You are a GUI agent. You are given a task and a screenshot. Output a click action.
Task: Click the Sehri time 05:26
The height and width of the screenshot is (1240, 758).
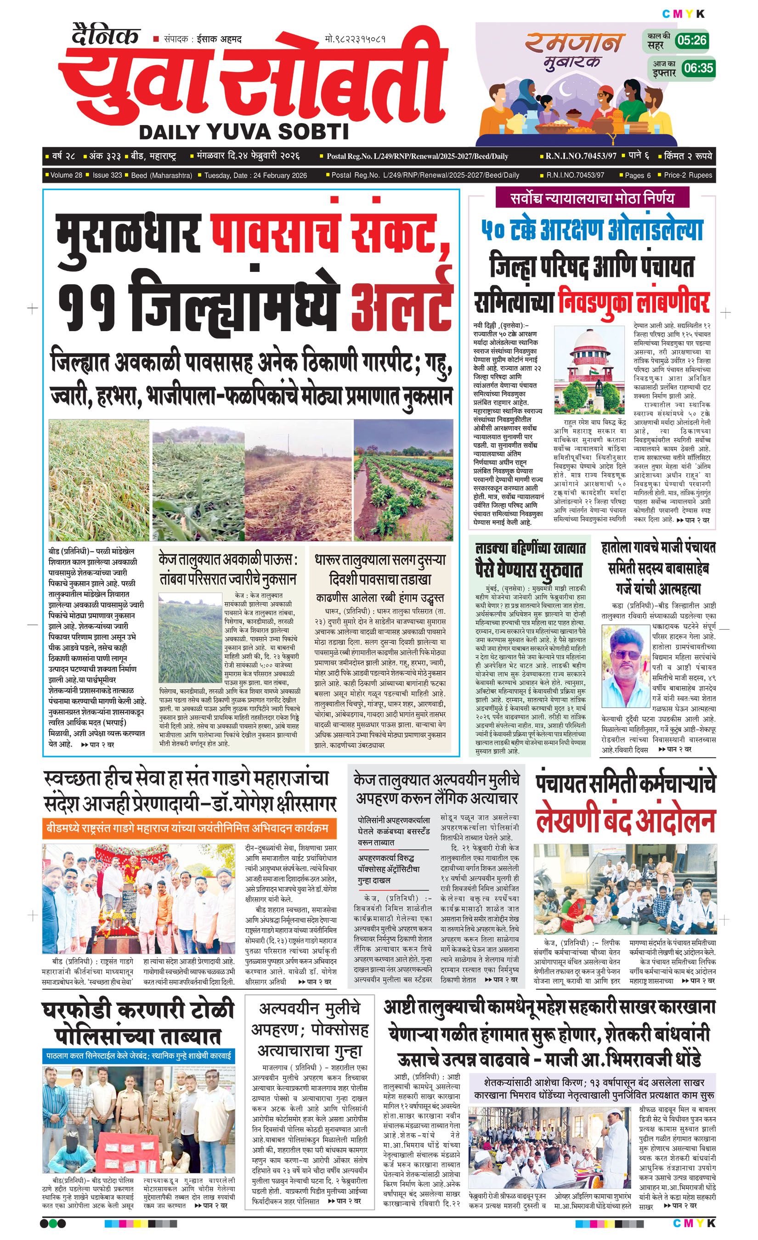coord(692,40)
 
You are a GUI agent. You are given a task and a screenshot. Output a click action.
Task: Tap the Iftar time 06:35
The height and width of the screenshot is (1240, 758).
coord(699,68)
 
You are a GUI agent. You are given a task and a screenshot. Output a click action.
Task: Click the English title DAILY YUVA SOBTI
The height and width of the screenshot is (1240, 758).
coord(243,132)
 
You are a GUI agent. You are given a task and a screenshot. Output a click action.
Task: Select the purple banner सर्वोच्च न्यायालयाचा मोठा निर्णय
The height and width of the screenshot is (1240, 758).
coord(591,198)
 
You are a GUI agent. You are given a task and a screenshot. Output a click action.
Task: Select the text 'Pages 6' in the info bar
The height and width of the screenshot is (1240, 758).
coord(637,175)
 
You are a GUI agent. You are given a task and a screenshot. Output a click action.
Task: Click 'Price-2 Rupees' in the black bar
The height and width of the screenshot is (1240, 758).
coord(688,175)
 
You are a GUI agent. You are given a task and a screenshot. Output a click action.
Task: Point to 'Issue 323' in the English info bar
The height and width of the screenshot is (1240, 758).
coord(107,175)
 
